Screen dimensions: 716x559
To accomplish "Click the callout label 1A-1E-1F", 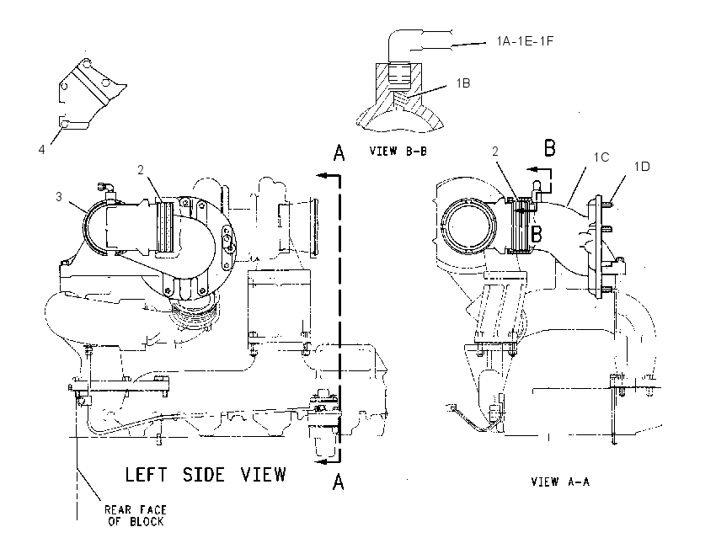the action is [525, 41].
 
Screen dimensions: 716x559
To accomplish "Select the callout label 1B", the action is [463, 83].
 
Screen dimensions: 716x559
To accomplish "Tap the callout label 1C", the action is [601, 157].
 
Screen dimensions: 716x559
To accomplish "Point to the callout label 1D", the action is [642, 167].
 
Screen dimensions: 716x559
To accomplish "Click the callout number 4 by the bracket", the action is [41, 149].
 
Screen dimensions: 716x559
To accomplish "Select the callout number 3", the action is [59, 197].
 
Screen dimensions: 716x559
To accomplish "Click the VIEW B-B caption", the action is [398, 151].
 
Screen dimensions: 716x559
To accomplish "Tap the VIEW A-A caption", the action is [560, 482].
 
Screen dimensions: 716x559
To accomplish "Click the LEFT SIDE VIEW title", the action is [206, 475].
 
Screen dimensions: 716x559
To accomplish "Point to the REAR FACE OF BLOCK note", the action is [135, 516].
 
